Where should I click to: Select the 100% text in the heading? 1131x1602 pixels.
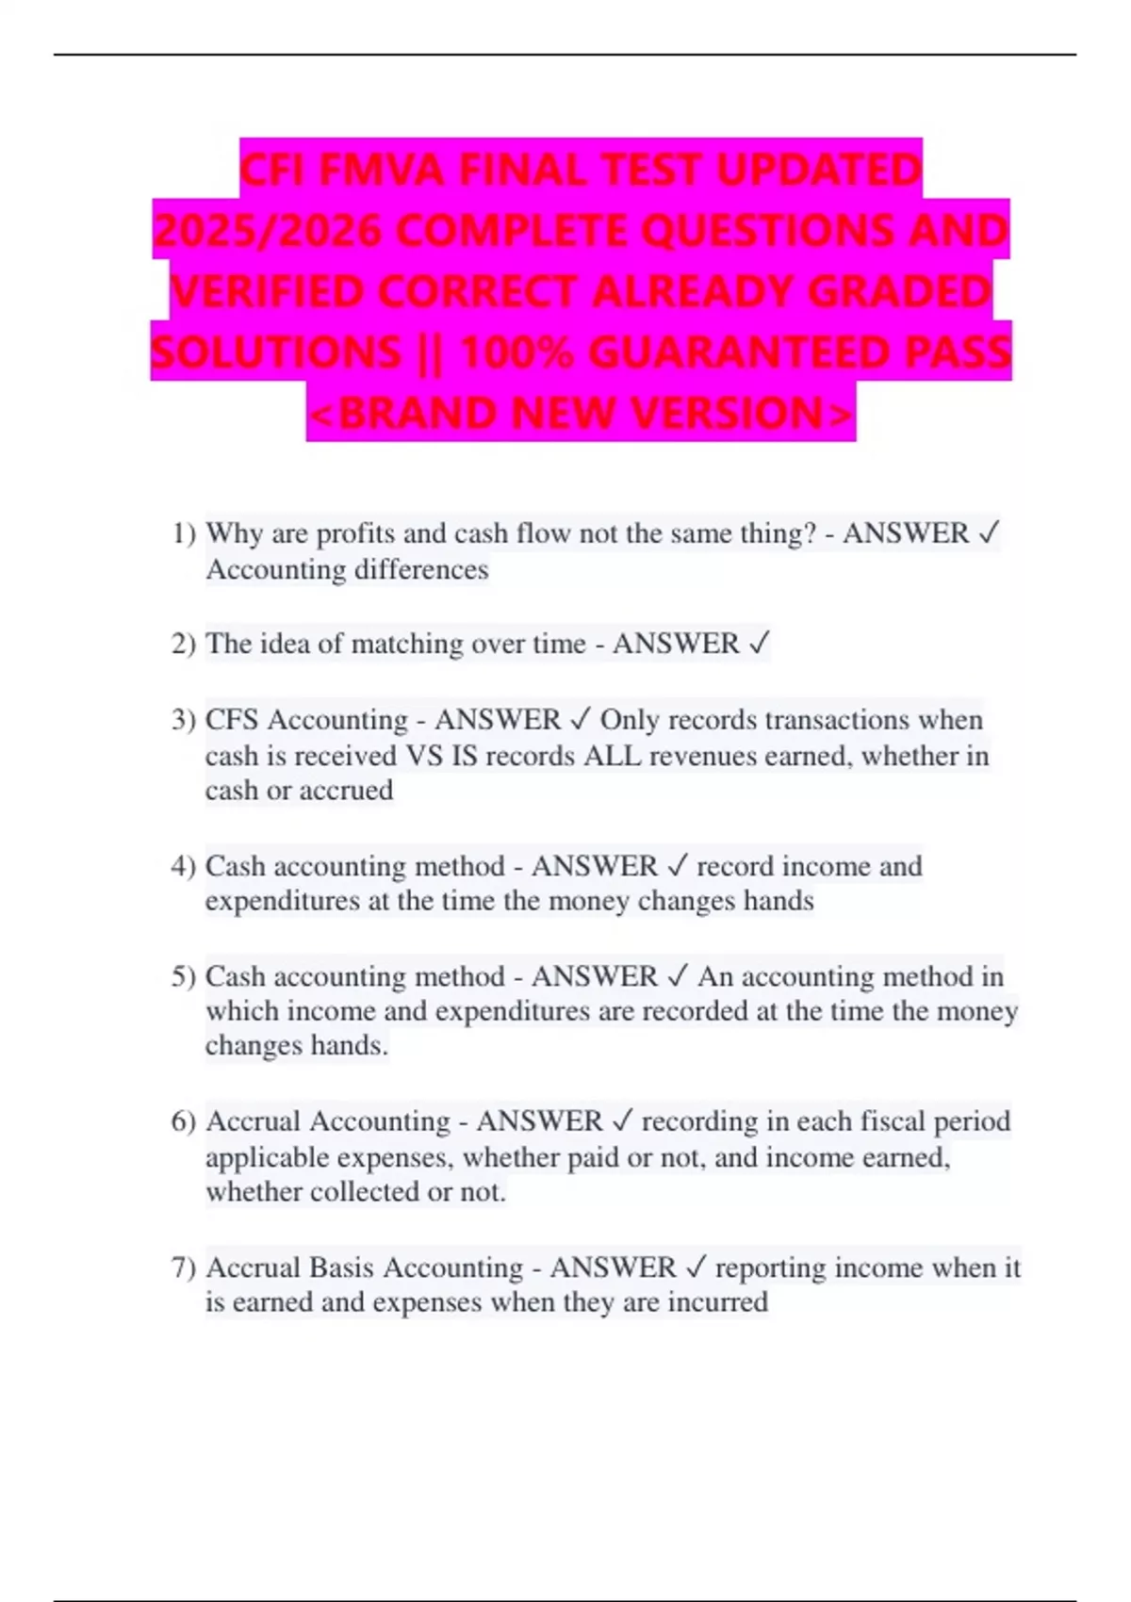coord(516,352)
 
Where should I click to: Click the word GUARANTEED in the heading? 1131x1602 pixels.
coord(739,352)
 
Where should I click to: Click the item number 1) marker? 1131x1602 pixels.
coord(184,533)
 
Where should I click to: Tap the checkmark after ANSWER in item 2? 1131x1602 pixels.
coord(759,644)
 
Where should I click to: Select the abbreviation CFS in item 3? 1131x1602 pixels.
coord(232,720)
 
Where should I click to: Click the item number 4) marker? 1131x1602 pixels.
coord(184,866)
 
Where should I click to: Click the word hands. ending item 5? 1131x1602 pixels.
coord(349,1046)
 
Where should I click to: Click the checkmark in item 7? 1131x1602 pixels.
coord(695,1267)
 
